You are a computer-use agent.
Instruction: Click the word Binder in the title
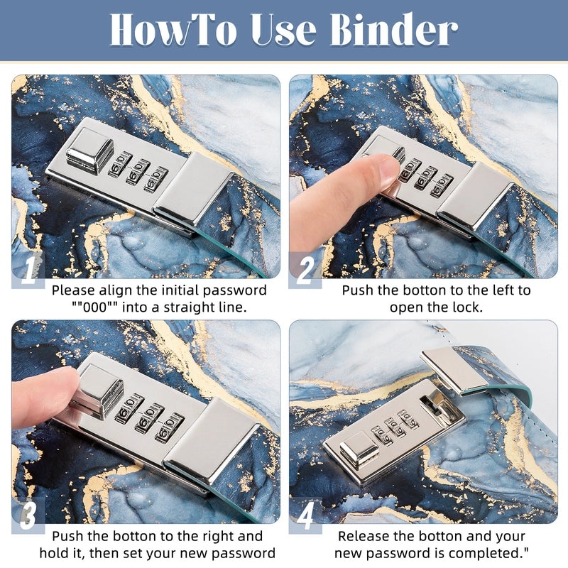click(x=394, y=29)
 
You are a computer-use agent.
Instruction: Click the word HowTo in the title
click(x=173, y=29)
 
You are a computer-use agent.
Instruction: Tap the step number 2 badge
click(x=305, y=270)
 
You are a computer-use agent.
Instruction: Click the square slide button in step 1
click(x=89, y=151)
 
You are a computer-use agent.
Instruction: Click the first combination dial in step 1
click(x=120, y=164)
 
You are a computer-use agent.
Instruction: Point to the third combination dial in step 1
click(x=155, y=179)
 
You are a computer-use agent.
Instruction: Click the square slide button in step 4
click(x=359, y=450)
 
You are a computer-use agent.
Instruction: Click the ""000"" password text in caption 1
click(x=94, y=307)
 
